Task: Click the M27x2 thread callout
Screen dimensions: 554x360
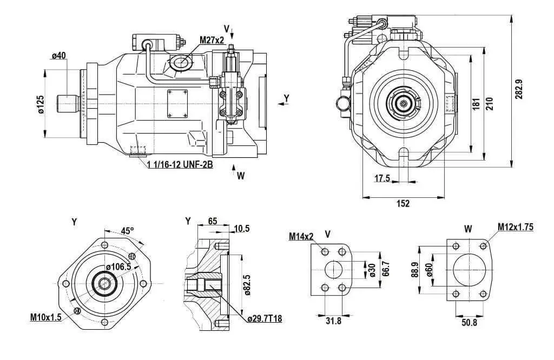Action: click(212, 40)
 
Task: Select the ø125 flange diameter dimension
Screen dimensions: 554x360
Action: click(41, 104)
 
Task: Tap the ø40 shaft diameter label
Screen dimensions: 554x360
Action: click(58, 56)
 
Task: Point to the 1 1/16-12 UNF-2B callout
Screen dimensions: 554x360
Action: click(180, 164)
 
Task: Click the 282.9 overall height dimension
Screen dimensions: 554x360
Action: click(519, 89)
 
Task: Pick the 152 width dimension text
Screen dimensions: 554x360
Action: click(403, 203)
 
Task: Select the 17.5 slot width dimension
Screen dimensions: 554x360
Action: click(382, 178)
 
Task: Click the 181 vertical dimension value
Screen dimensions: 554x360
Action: click(476, 104)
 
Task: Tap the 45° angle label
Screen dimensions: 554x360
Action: click(128, 231)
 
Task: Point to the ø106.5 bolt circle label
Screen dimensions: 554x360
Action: click(118, 266)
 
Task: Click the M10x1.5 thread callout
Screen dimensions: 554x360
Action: click(45, 317)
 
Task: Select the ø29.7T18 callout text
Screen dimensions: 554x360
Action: click(265, 319)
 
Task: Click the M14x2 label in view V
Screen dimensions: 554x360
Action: click(301, 236)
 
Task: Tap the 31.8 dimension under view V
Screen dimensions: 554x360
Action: click(333, 321)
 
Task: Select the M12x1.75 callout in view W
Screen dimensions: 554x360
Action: click(516, 226)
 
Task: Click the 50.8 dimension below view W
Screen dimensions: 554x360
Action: click(469, 322)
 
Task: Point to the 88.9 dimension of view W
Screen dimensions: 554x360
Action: click(415, 270)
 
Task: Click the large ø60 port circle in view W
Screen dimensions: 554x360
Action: click(453, 270)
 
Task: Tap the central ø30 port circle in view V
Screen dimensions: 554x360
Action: click(325, 270)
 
